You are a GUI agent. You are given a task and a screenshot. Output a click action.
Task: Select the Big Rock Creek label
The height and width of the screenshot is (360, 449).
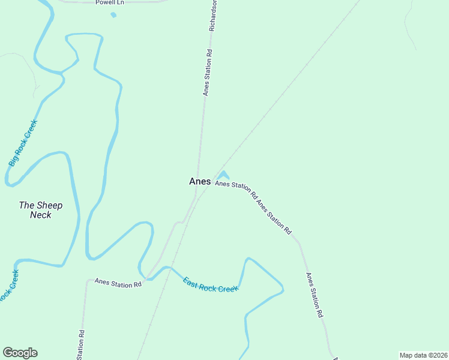(23, 143)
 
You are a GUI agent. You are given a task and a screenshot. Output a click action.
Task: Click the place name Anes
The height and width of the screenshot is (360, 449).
(199, 181)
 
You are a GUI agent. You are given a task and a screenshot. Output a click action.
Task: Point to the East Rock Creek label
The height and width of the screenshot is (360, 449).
(210, 284)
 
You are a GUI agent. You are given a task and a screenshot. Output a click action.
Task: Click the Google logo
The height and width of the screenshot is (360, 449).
(20, 353)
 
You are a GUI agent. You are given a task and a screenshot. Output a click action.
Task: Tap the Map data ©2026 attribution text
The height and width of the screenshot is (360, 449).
(423, 355)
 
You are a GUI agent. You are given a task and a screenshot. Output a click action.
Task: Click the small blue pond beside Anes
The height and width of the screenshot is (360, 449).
(223, 175)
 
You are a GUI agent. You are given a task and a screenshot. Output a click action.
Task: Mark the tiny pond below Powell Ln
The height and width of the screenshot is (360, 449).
(113, 14)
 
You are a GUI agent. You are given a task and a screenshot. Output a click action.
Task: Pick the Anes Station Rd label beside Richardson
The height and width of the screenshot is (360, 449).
(207, 72)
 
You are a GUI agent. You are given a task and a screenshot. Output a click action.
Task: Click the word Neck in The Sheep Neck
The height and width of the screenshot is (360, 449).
(41, 215)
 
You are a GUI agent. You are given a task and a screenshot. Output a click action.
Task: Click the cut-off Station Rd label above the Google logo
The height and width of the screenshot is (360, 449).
(80, 345)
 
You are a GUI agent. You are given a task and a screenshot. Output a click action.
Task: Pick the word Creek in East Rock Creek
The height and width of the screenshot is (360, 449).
(228, 289)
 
